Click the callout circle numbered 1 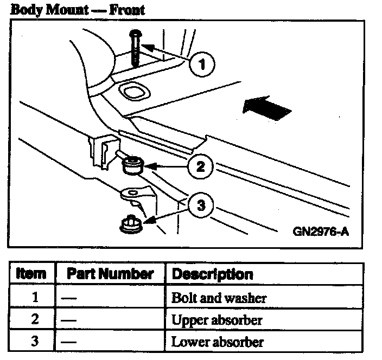click(x=202, y=66)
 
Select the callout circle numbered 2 click(x=200, y=166)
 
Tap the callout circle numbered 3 click(x=201, y=205)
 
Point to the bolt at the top click(x=135, y=48)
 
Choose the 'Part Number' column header click(x=110, y=274)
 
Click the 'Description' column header click(x=212, y=274)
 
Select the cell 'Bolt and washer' click(x=219, y=298)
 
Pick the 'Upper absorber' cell click(x=217, y=320)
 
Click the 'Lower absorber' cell click(x=217, y=342)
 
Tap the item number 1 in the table click(x=34, y=298)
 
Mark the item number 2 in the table click(x=34, y=320)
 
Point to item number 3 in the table click(x=34, y=342)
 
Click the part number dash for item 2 click(x=68, y=320)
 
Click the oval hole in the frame click(x=132, y=92)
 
